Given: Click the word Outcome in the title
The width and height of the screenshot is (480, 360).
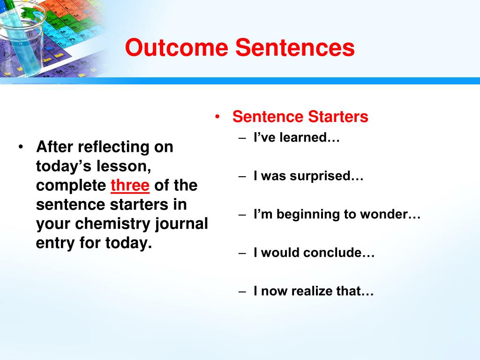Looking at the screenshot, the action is [177, 47].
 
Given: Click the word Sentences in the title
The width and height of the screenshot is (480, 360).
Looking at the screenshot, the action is [295, 47].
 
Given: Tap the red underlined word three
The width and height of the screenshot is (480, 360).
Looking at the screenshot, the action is [130, 186].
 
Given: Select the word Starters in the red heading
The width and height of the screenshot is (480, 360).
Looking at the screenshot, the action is [338, 117].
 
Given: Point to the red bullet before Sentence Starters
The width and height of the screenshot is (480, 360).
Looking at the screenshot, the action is [217, 117].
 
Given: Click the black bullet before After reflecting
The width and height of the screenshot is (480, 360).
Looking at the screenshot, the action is [21, 147].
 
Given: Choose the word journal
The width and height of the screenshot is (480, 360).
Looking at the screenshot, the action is [181, 224].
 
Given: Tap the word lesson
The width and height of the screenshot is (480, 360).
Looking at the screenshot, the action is [124, 166].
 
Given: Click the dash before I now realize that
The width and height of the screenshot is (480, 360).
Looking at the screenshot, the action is [242, 292].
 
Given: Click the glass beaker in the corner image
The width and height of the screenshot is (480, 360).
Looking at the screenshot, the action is [22, 37].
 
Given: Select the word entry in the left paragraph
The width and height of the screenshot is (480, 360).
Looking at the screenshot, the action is [55, 243].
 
